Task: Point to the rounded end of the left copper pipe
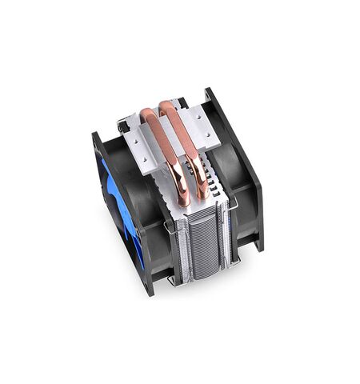(x=183, y=200)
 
